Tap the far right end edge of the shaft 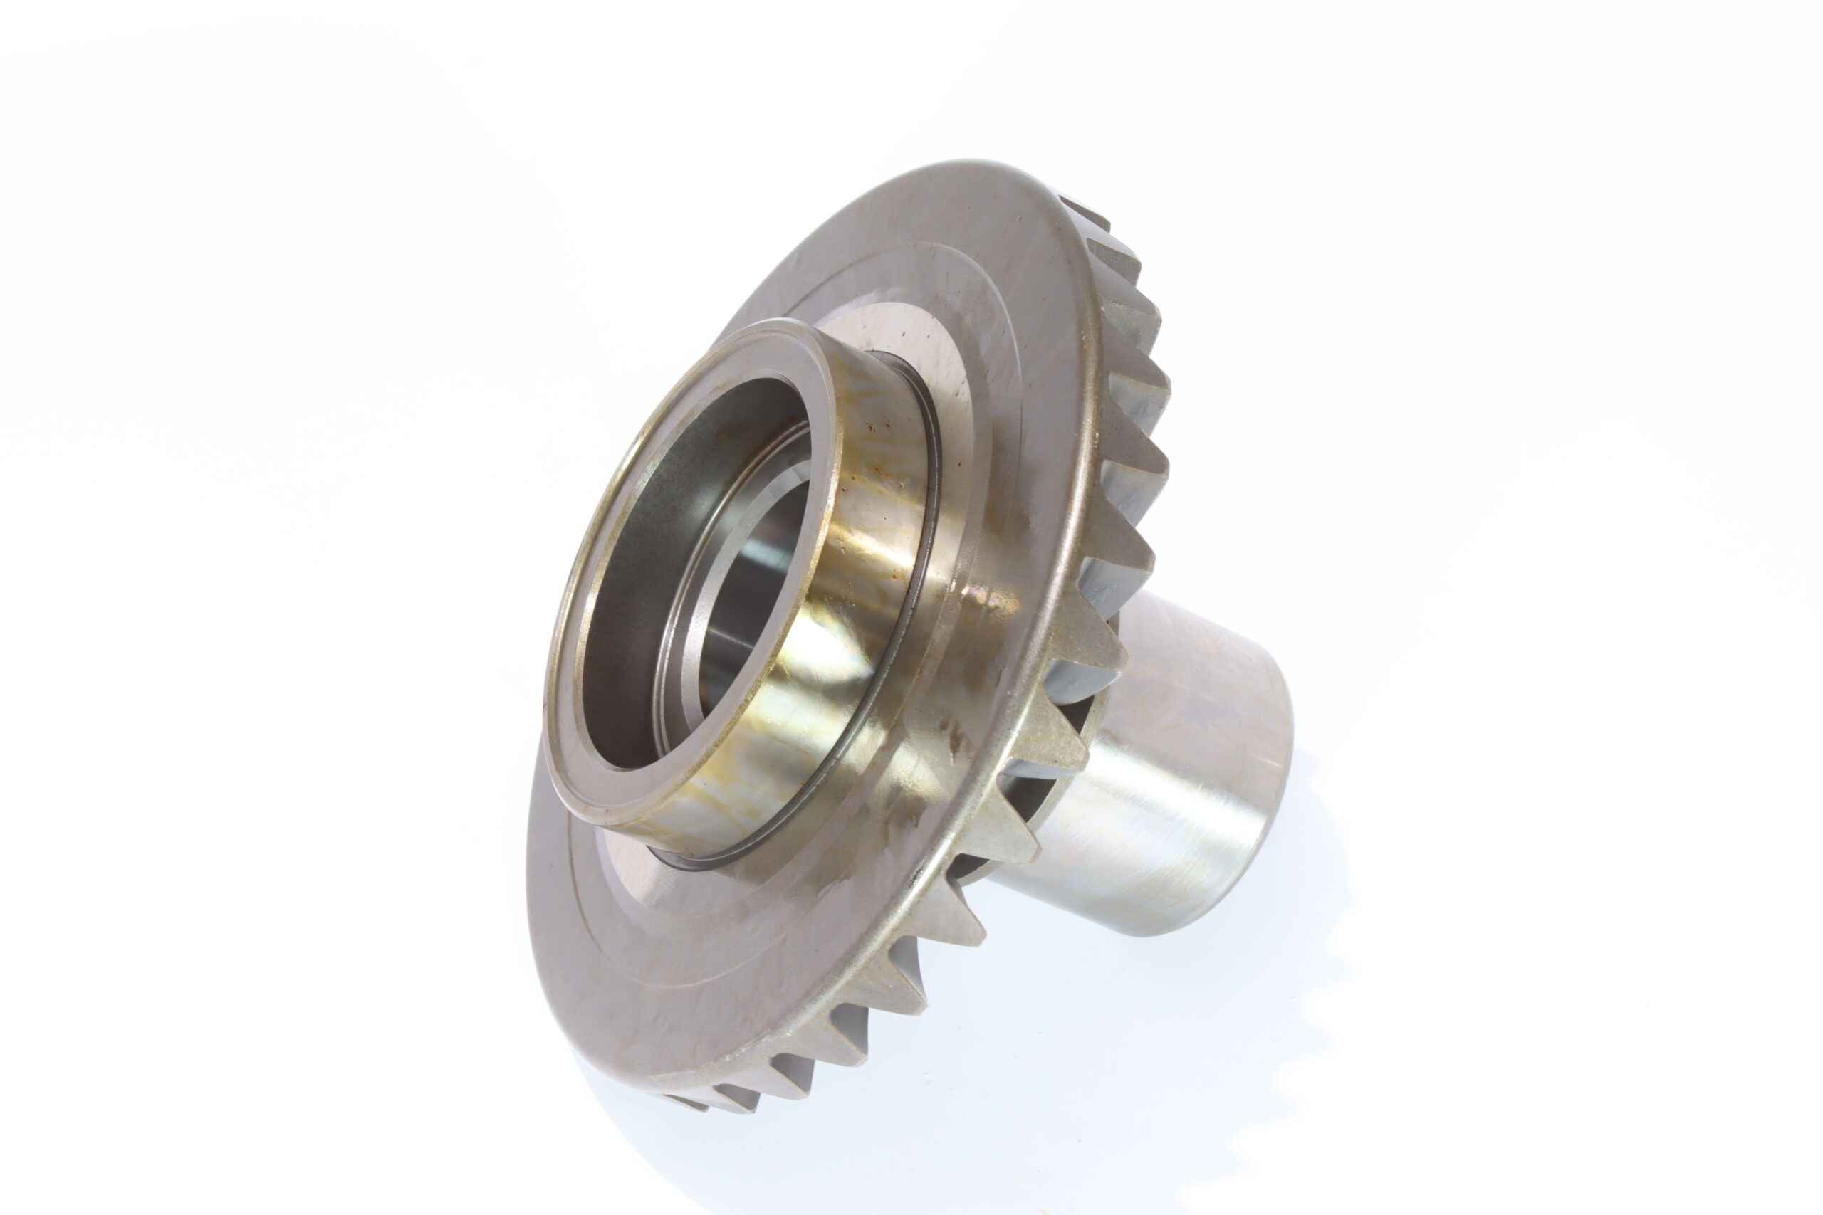[x=1283, y=775]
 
